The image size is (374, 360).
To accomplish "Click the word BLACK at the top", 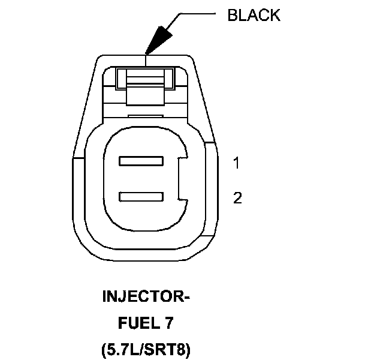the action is click(x=254, y=16).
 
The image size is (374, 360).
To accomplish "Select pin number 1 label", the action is click(x=237, y=163).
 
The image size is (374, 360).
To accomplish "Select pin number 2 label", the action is click(x=237, y=198).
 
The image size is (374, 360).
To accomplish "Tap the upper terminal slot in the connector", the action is click(x=141, y=161).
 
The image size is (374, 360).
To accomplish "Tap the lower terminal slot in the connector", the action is click(x=141, y=197).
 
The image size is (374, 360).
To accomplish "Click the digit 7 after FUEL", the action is click(x=170, y=323).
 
